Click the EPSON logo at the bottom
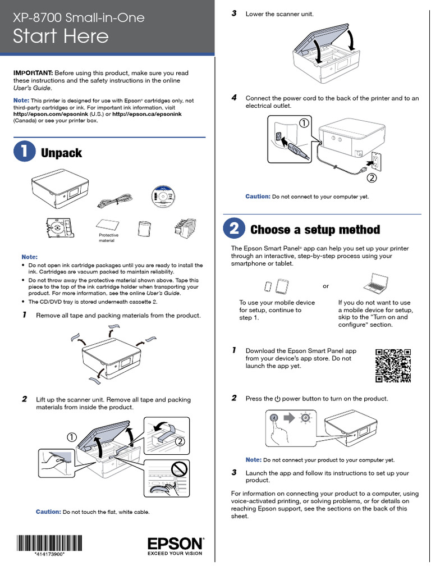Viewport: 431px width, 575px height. click(176, 546)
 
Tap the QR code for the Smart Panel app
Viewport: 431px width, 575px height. click(393, 366)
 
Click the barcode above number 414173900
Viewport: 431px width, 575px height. click(49, 543)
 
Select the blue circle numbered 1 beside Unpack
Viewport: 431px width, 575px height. click(25, 152)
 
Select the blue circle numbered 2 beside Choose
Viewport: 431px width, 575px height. click(234, 229)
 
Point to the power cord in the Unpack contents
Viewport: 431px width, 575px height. click(114, 202)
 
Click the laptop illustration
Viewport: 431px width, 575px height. click(375, 283)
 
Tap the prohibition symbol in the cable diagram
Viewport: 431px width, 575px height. click(180, 469)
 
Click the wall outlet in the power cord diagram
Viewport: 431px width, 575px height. click(377, 161)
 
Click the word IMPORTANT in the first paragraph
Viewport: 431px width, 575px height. click(33, 73)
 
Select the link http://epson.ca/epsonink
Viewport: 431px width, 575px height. click(146, 114)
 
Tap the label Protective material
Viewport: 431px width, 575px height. click(108, 238)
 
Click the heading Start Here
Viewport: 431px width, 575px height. click(61, 36)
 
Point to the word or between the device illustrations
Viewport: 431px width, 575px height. click(326, 286)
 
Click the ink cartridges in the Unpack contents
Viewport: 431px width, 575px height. click(185, 228)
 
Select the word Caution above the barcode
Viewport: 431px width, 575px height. click(48, 512)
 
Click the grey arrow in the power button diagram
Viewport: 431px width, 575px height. click(289, 418)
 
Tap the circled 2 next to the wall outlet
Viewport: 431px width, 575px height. click(372, 178)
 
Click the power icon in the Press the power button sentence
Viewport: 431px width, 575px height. click(277, 399)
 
